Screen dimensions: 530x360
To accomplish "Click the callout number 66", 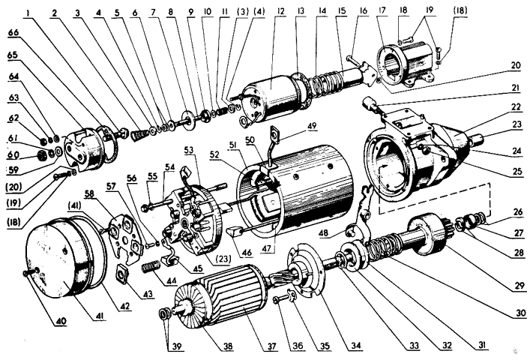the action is click(14, 33).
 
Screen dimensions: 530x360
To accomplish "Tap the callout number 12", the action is click(280, 11).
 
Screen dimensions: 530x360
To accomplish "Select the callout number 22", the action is click(516, 106).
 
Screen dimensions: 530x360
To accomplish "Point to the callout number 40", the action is click(61, 320).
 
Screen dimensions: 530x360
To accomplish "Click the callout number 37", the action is click(271, 346).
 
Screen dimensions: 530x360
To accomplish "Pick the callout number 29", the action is click(520, 286).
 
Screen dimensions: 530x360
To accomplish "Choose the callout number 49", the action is click(312, 126).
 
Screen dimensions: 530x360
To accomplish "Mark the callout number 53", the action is click(189, 150).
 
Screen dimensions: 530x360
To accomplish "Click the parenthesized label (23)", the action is click(223, 259).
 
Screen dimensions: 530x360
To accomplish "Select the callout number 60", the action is click(13, 154).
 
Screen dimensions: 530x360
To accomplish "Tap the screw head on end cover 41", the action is click(25, 273).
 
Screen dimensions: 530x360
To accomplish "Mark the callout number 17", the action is click(382, 10).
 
